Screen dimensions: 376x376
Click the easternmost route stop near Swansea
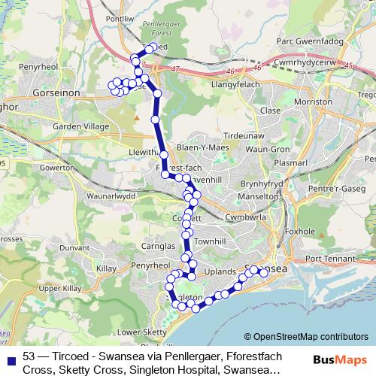264,273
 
